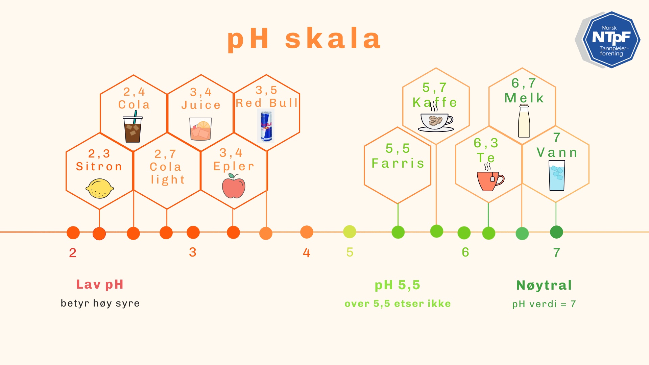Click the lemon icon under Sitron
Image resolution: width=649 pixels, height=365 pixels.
[100, 189]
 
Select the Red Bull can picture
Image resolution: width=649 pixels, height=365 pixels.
[266, 126]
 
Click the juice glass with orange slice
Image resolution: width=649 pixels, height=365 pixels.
[200, 129]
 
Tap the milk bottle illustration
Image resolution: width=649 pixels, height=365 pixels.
[524, 121]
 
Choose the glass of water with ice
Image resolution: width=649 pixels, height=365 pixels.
[557, 175]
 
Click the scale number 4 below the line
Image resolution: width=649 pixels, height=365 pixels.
[306, 252]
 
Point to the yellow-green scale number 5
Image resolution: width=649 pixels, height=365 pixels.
[350, 252]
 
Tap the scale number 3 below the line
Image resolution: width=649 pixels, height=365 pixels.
[193, 252]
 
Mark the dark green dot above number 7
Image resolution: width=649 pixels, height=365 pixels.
[556, 232]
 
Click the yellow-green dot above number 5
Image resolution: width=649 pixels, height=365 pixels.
[350, 232]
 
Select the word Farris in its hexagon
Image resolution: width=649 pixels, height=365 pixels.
[398, 164]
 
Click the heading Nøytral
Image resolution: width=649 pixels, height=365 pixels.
[544, 285]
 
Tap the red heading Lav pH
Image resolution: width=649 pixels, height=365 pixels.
[100, 285]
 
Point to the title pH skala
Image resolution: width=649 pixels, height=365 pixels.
[304, 39]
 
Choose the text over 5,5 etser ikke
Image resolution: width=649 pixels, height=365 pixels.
[398, 303]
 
